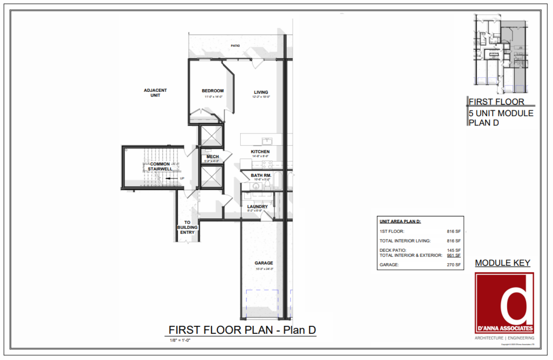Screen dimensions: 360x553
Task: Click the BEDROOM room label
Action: coord(212,91)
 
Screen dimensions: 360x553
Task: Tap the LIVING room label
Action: coord(261,92)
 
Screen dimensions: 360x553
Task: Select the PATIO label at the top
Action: coord(235,46)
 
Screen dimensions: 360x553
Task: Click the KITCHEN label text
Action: coord(260,152)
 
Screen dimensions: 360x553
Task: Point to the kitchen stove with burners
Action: coord(267,164)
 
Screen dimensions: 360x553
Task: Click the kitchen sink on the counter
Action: coord(267,141)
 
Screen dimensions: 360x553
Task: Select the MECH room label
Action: coord(212,157)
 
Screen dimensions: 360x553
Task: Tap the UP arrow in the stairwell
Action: coord(172,178)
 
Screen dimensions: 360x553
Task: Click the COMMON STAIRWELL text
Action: coord(160,166)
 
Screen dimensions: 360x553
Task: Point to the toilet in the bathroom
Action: coord(267,184)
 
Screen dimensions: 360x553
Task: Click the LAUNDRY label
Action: coord(257,207)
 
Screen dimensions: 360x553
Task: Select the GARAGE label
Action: coord(263,263)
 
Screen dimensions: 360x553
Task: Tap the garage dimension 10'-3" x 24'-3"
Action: coord(264,269)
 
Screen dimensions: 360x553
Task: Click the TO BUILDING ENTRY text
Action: coord(187,227)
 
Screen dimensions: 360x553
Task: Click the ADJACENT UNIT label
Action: coord(155,93)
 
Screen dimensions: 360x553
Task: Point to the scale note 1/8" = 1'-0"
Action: coord(180,340)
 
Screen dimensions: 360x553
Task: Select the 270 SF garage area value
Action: coord(454,265)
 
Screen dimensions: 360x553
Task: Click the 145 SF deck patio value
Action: coord(454,250)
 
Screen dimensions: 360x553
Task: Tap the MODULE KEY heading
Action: coord(502,263)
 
